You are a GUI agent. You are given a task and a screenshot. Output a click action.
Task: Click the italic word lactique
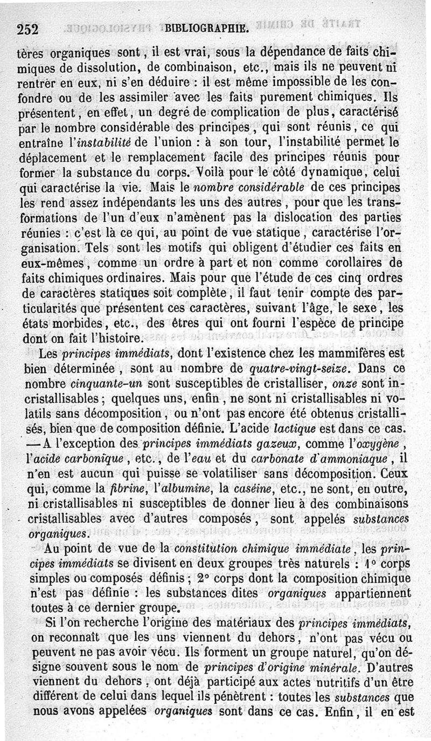coord(309,431)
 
